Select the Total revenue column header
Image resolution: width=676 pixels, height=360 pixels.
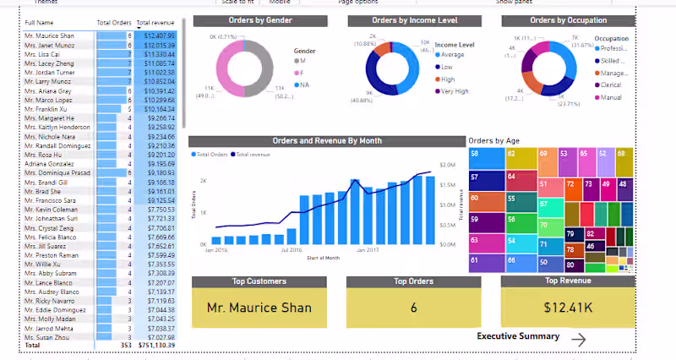point(155,22)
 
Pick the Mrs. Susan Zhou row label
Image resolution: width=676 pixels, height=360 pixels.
point(50,336)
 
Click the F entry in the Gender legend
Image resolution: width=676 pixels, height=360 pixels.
point(302,74)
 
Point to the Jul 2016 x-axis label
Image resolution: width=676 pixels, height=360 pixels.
point(292,250)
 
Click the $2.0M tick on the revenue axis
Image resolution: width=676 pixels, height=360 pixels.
point(448,166)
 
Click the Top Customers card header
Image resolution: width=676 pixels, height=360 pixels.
point(259,281)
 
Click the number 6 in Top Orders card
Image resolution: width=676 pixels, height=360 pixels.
point(414,308)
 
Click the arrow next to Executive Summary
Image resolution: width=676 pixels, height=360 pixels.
point(579,339)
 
